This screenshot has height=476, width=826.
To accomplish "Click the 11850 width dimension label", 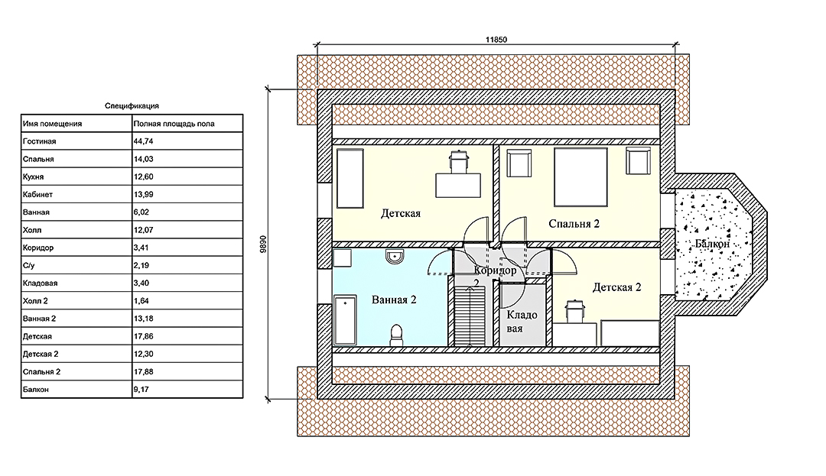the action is tap(496, 40).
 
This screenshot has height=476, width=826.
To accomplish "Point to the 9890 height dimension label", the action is tap(264, 244).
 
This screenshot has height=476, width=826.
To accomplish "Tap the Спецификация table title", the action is tap(132, 105).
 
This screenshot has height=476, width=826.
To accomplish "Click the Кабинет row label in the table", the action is tap(38, 194).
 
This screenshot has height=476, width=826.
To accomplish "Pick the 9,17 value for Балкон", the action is tap(141, 390).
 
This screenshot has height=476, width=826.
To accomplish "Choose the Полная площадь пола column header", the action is tap(174, 124).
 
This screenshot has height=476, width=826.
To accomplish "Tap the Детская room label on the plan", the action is tap(401, 213).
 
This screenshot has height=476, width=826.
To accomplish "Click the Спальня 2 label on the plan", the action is tap(574, 224).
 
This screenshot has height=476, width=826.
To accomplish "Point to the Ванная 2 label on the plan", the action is tap(394, 300).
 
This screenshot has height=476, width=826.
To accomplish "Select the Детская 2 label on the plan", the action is tap(617, 287).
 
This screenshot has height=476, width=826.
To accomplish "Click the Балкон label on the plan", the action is tap(712, 244).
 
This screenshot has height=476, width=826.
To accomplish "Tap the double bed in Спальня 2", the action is tap(580, 177).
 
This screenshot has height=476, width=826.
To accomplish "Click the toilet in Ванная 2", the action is tap(397, 335).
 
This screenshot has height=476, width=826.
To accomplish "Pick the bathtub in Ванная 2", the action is tap(346, 320).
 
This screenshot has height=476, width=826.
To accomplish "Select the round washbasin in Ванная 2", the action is tap(395, 256).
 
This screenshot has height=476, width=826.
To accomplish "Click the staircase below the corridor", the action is tap(470, 316).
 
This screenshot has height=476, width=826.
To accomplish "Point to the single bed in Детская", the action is tap(350, 178).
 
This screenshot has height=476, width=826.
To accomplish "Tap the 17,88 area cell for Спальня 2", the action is tap(143, 372).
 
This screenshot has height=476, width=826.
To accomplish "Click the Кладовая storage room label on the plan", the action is tap(522, 322).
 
